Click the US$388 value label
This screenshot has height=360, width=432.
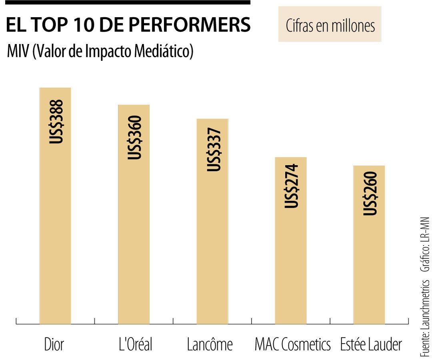pyautogui.click(x=56, y=122)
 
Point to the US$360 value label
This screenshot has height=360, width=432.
pyautogui.click(x=134, y=137)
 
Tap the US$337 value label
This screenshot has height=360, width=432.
pyautogui.click(x=213, y=150)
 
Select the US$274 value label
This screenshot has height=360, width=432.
pyautogui.click(x=292, y=186)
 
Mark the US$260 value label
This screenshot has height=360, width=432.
pyautogui.click(x=370, y=193)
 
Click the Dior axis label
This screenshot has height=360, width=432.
pyautogui.click(x=54, y=344)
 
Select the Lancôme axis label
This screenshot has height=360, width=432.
pyautogui.click(x=210, y=344)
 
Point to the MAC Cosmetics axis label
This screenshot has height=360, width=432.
pyautogui.click(x=293, y=344)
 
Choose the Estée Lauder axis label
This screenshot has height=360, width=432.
pyautogui.click(x=371, y=344)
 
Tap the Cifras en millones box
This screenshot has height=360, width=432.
pyautogui.click(x=330, y=25)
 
